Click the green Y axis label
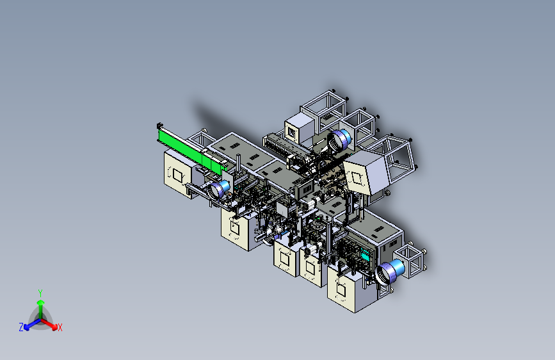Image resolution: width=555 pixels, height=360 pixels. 40,293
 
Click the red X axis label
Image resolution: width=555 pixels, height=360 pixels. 60,328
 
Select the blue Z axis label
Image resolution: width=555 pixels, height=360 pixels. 21,327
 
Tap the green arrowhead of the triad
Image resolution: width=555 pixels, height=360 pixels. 41,303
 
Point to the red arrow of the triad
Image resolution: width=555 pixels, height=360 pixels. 49,323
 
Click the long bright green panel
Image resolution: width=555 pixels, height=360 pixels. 192,151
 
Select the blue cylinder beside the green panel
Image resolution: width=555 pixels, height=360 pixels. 220,189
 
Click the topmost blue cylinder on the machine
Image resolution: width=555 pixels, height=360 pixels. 340,139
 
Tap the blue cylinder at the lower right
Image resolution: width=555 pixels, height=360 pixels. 390,272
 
